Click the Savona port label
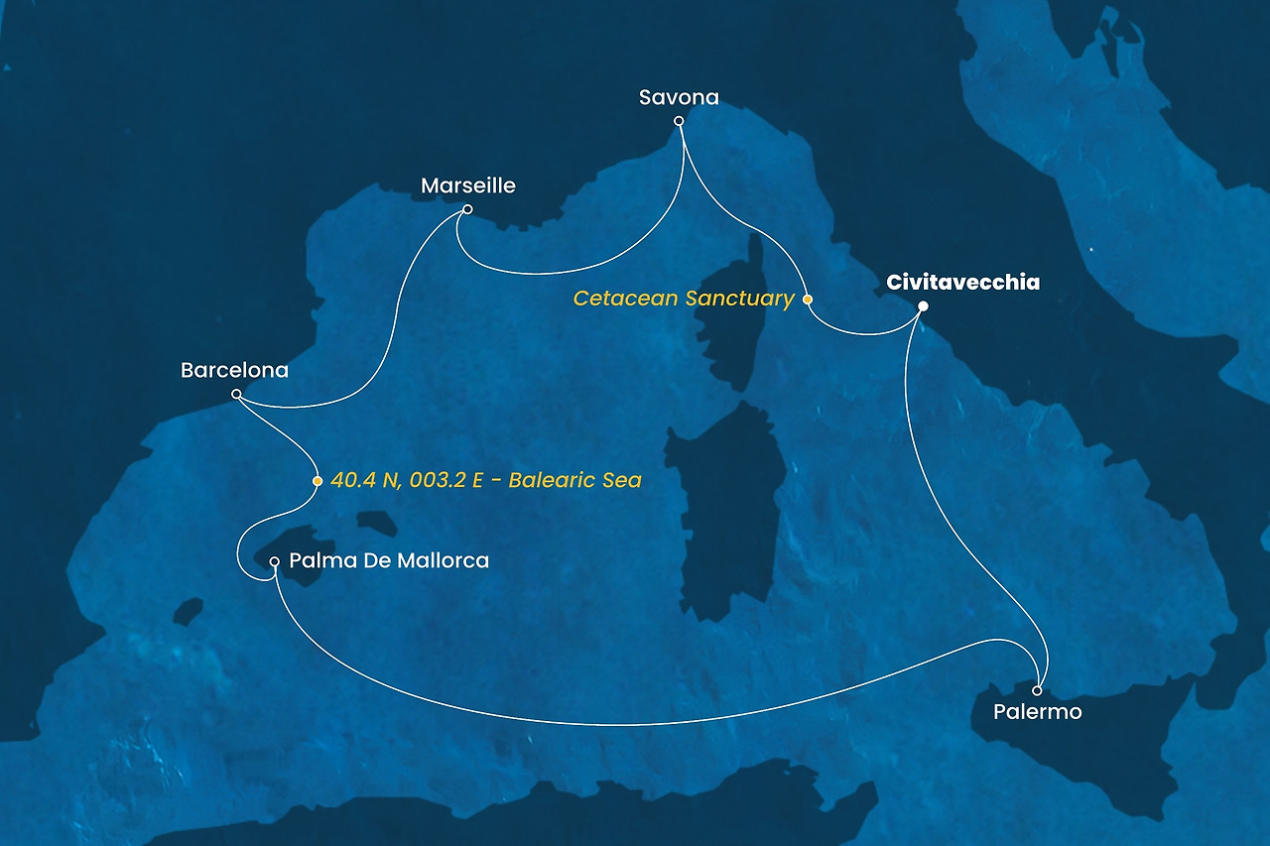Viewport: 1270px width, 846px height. [x=679, y=97]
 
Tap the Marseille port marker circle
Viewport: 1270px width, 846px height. [x=467, y=209]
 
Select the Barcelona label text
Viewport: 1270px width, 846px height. [x=234, y=370]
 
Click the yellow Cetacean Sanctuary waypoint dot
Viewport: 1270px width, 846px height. [x=808, y=299]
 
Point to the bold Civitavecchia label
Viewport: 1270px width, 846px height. [x=962, y=283]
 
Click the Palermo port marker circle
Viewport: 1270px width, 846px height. [x=1037, y=690]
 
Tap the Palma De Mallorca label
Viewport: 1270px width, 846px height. [x=389, y=561]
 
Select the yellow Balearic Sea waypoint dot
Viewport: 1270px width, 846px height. [x=317, y=481]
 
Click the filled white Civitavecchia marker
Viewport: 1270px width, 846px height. [x=923, y=305]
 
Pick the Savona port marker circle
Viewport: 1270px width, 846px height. [x=679, y=121]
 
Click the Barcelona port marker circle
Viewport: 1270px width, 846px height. [x=236, y=394]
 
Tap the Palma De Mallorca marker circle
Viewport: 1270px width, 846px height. [x=275, y=561]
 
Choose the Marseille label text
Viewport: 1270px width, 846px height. [x=468, y=185]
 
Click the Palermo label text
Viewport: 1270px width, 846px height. [x=1037, y=712]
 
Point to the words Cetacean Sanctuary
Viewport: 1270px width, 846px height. [x=685, y=299]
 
